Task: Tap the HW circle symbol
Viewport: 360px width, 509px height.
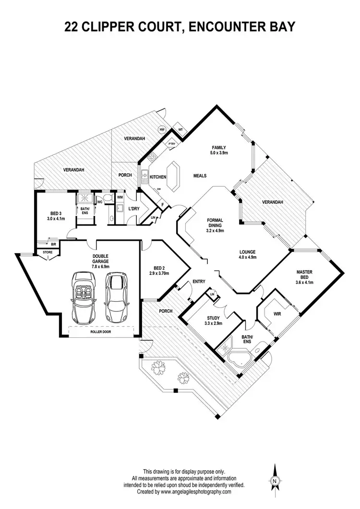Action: [x=162, y=130]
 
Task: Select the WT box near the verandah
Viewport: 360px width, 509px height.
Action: [x=180, y=130]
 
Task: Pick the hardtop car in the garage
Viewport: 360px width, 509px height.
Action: [x=115, y=297]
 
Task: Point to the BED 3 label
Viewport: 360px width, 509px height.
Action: [x=55, y=216]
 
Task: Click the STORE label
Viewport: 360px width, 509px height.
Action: [x=48, y=252]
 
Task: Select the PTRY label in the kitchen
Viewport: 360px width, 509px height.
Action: [x=171, y=144]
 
